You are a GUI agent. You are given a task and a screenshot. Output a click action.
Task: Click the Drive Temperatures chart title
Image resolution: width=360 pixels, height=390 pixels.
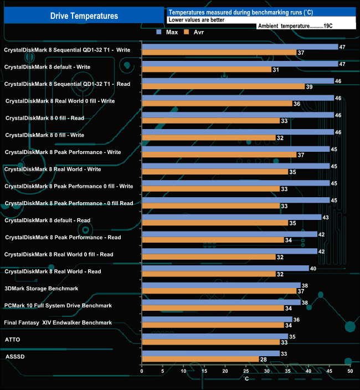84,16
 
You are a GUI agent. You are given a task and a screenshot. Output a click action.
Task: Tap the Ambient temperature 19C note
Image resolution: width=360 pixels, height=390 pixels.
295,25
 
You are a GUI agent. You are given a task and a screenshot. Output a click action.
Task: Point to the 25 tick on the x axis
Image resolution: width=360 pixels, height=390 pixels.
246,372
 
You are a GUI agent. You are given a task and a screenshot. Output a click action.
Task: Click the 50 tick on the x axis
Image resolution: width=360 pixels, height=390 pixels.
350,372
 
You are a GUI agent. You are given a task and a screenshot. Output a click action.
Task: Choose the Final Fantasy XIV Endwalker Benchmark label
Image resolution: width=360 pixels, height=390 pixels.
58,322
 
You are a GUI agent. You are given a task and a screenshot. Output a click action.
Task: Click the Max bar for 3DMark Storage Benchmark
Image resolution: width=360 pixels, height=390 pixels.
221,285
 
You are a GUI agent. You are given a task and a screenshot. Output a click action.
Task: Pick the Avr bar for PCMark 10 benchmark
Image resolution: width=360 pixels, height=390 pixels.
213,308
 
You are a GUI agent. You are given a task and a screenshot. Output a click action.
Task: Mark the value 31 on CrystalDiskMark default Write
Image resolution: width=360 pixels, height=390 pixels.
276,70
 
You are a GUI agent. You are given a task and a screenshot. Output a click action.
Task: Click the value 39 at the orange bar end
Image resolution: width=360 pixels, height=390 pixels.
309,87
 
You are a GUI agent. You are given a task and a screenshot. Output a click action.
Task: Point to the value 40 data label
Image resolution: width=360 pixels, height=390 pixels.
313,268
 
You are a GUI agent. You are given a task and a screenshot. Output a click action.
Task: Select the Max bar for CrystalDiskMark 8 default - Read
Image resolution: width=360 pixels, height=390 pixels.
232,217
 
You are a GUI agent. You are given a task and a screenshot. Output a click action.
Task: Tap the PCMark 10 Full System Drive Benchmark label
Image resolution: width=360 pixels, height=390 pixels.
58,305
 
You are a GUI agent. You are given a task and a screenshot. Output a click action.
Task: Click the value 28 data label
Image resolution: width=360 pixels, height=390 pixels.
263,360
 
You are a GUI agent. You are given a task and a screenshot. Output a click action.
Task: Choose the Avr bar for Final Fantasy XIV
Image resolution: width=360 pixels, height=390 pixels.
213,325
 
